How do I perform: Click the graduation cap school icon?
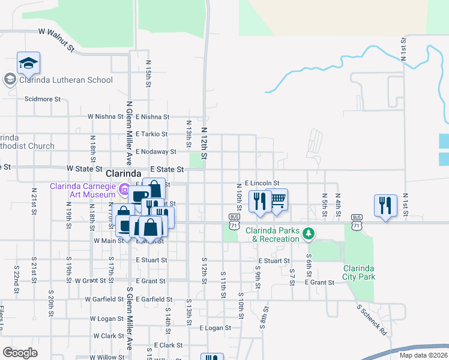point(28,63)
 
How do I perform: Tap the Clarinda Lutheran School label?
point(65,80)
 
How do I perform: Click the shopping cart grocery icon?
point(277,199)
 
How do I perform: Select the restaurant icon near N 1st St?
point(385,205)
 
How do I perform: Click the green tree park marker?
point(308,233)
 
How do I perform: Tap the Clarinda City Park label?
point(358,272)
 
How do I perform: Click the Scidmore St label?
point(43,99)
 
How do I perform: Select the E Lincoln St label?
point(262,182)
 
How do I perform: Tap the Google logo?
point(20,352)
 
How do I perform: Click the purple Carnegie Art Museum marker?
point(124,189)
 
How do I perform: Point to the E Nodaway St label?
point(155,152)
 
